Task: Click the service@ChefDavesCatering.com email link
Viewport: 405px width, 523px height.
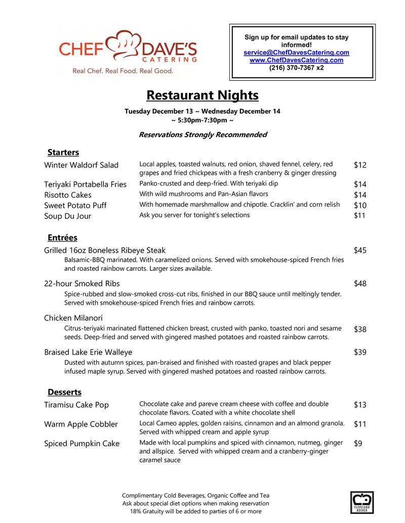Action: pos(296,53)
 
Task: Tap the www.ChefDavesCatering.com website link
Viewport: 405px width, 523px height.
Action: pos(296,60)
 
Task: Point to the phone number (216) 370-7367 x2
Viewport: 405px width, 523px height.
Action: pos(296,67)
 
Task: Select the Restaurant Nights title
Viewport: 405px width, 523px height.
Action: pos(202,95)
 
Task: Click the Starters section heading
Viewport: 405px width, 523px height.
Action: pos(63,152)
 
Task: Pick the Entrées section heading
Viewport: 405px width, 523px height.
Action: pos(62,237)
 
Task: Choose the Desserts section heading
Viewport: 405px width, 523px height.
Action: pos(64,392)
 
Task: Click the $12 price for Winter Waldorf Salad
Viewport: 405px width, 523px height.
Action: pos(360,165)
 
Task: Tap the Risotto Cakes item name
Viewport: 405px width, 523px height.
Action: pos(68,195)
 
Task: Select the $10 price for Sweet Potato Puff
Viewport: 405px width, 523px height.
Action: pos(360,205)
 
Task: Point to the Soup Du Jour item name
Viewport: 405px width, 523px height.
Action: pos(68,216)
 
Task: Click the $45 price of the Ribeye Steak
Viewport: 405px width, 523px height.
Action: pos(360,250)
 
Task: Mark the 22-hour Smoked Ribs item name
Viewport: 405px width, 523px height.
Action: pos(82,283)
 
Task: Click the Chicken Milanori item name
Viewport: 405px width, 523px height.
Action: pos(73,318)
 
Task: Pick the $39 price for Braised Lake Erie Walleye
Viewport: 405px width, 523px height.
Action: pos(360,352)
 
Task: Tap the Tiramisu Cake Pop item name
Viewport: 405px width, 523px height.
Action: pos(76,405)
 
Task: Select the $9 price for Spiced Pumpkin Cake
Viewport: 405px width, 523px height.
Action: pos(357,444)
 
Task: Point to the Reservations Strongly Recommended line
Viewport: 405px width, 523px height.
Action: pos(202,134)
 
